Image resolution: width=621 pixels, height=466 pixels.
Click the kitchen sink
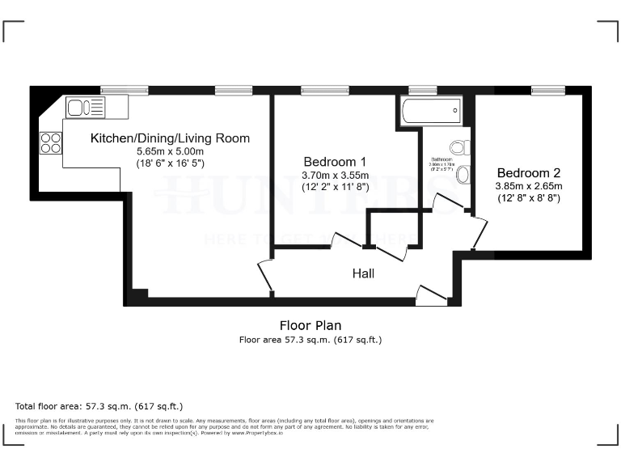pyautogui.click(x=85, y=108)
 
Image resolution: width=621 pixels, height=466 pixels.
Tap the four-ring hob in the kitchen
pyautogui.click(x=50, y=142)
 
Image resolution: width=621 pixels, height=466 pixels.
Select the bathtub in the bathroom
pyautogui.click(x=431, y=109)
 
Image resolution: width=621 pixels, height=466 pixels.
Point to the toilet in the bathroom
pyautogui.click(x=459, y=148)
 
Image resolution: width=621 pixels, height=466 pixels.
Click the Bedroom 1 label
pyautogui.click(x=335, y=160)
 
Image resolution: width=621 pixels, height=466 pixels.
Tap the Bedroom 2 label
pyautogui.click(x=528, y=172)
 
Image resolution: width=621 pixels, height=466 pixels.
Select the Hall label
pyautogui.click(x=363, y=273)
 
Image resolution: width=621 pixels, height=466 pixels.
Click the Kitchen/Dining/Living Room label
pyautogui.click(x=170, y=138)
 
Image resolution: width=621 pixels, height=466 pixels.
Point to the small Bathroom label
pyautogui.click(x=441, y=159)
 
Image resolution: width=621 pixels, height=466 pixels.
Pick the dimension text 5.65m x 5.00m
pyautogui.click(x=170, y=151)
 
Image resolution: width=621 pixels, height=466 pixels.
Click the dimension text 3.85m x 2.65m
pyautogui.click(x=528, y=185)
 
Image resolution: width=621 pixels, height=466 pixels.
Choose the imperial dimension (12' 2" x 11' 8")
pyautogui.click(x=335, y=187)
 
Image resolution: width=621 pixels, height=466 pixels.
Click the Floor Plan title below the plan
pyautogui.click(x=310, y=325)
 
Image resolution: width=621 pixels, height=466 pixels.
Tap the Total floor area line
pyautogui.click(x=99, y=405)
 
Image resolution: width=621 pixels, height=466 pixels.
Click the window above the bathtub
pyautogui.click(x=422, y=90)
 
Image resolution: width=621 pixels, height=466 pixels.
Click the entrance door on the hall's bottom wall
pyautogui.click(x=433, y=296)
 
